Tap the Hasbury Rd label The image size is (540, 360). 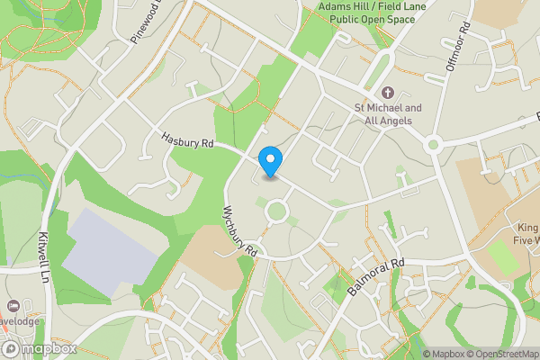click(188, 141)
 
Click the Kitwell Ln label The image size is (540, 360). click(44, 256)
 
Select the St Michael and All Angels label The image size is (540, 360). click(388, 114)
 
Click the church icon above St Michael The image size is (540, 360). click(388, 93)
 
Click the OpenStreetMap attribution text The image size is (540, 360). click(501, 354)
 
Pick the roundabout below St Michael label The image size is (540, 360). click(433, 144)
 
